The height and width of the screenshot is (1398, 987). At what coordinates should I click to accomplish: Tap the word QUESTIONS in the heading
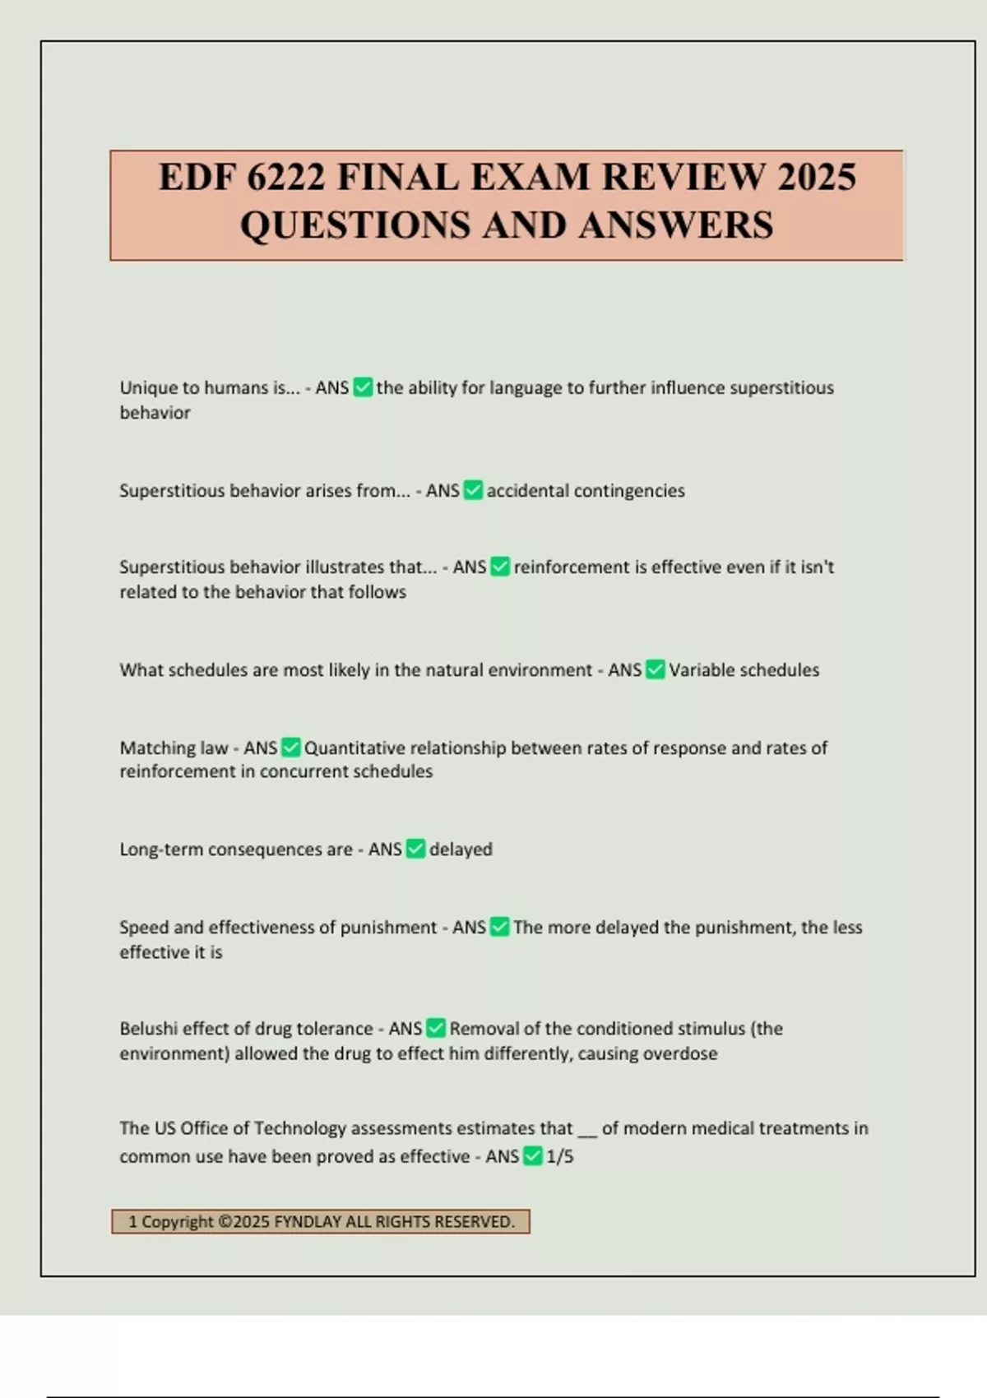(355, 225)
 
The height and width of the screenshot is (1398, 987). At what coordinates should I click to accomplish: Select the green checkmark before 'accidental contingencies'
(473, 491)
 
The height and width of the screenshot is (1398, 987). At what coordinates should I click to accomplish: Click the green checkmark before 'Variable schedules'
(655, 670)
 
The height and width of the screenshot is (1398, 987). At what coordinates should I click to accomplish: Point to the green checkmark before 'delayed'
(415, 849)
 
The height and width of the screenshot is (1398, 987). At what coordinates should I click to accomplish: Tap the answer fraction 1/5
(559, 1157)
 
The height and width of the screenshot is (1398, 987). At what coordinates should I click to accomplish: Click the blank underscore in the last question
(586, 1131)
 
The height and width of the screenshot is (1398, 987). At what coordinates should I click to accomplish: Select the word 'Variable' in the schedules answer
(697, 670)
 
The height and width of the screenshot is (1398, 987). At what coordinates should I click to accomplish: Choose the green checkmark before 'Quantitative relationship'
(290, 748)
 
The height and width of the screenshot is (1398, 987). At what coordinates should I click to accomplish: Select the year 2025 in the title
(817, 178)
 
